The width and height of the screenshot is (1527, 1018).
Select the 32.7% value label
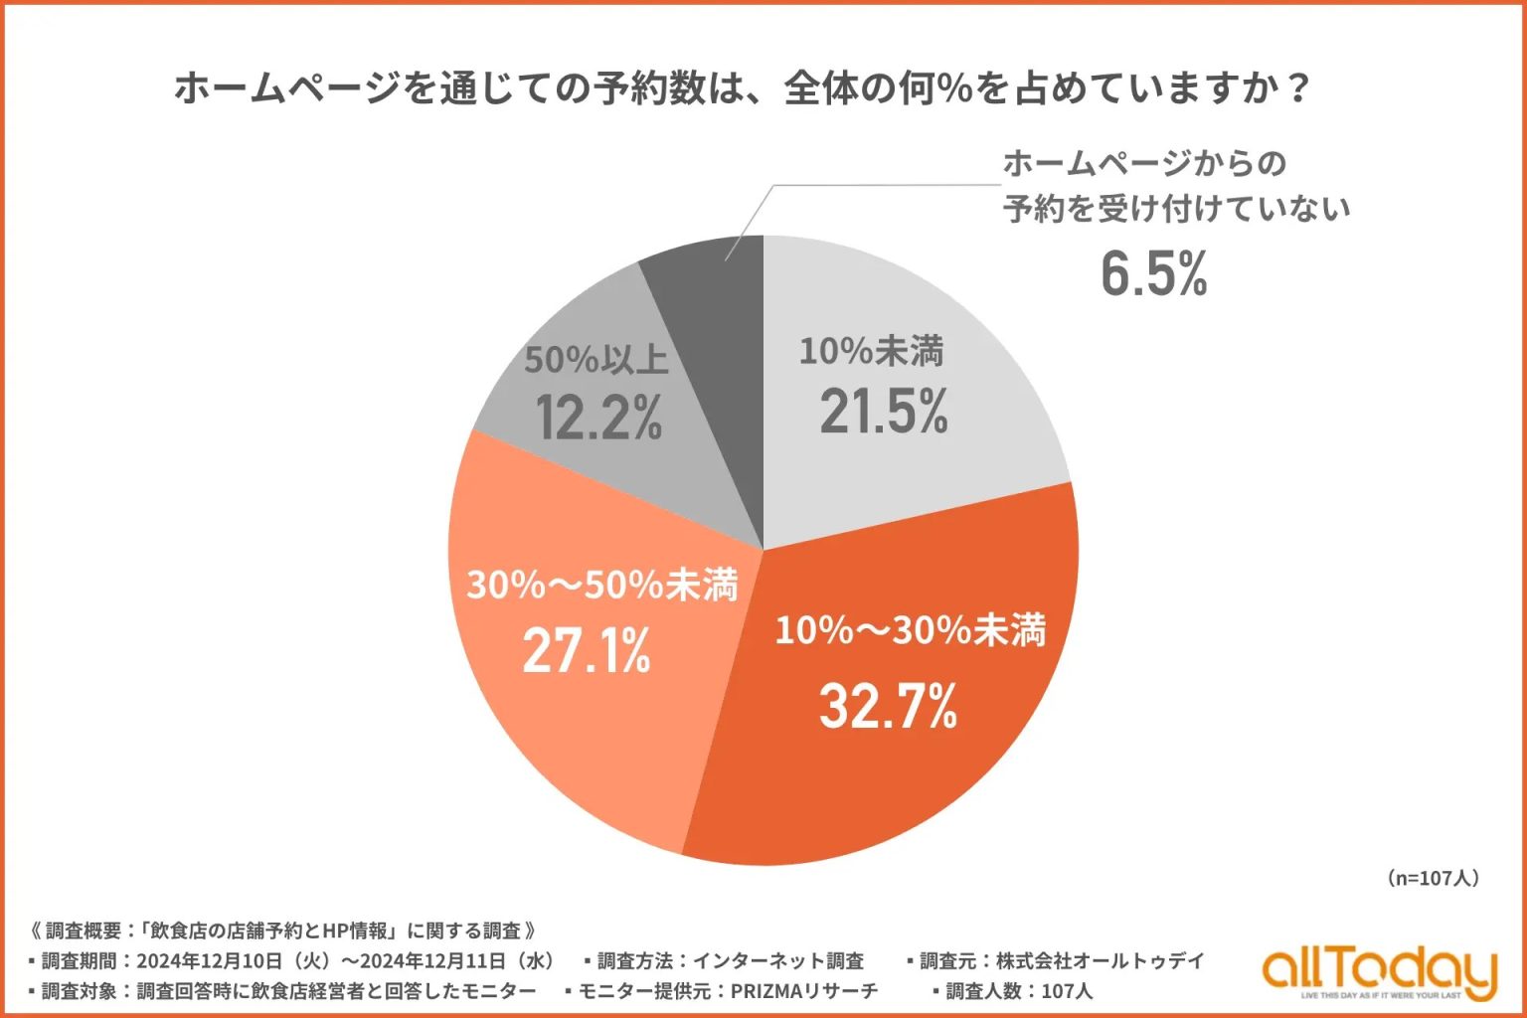(888, 707)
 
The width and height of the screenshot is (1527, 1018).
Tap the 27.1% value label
(587, 651)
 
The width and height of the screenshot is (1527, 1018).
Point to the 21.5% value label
(884, 412)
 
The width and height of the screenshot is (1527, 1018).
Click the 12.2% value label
(599, 418)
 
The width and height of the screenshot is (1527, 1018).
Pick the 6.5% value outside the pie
(1153, 273)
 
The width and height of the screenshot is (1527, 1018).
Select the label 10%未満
(871, 351)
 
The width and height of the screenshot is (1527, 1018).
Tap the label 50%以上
(596, 360)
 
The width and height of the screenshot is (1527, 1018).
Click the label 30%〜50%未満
(602, 585)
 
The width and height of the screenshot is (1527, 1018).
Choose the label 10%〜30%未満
(910, 630)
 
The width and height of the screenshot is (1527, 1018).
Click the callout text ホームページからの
(1144, 163)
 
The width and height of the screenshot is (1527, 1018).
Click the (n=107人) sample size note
(1432, 878)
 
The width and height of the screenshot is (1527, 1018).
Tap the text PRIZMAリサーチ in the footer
(804, 991)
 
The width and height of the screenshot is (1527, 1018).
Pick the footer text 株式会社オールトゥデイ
(1100, 961)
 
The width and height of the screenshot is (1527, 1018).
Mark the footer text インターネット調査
(777, 961)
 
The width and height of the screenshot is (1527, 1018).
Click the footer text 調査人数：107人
(1018, 991)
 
